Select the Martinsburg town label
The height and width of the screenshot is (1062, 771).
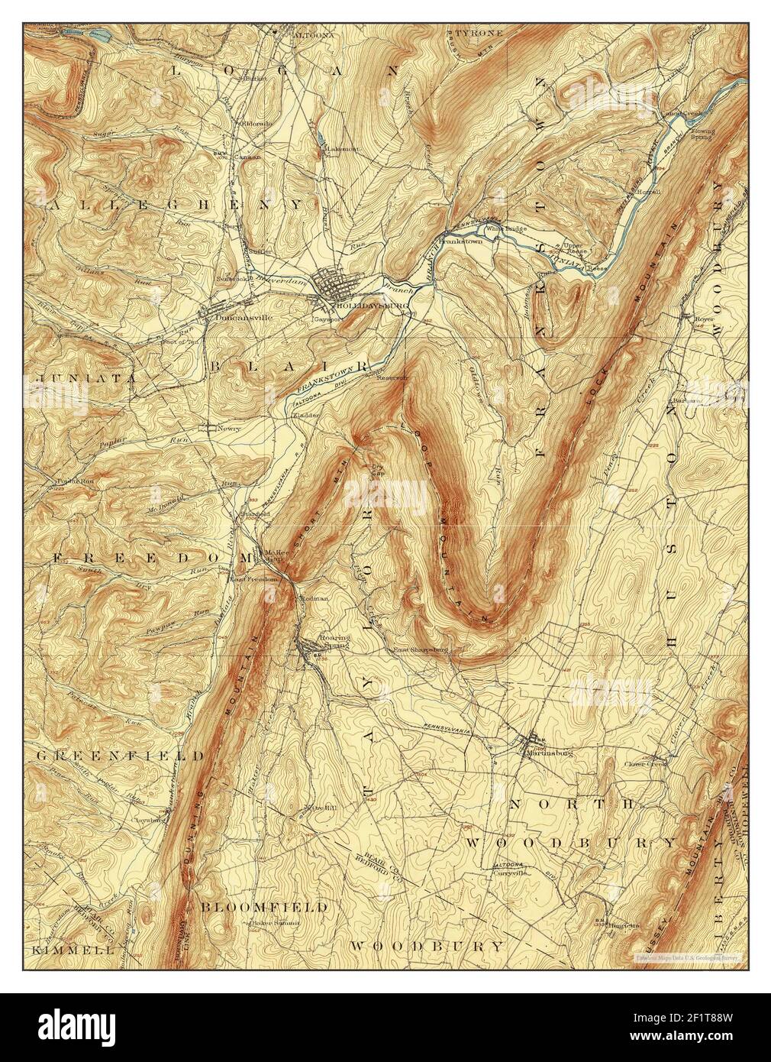pyautogui.click(x=549, y=751)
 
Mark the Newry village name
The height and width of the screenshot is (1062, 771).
pyautogui.click(x=228, y=429)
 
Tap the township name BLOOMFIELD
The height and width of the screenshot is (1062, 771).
pyautogui.click(x=264, y=907)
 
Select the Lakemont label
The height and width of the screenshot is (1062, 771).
pyautogui.click(x=340, y=148)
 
